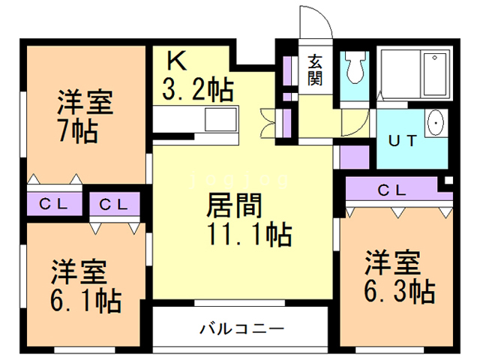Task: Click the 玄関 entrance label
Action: point(314,68)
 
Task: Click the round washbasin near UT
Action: point(435,123)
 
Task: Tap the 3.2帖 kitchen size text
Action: point(197,90)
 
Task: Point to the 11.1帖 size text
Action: point(248,236)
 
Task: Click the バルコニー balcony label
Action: point(241,328)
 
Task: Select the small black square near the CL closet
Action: point(448,181)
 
